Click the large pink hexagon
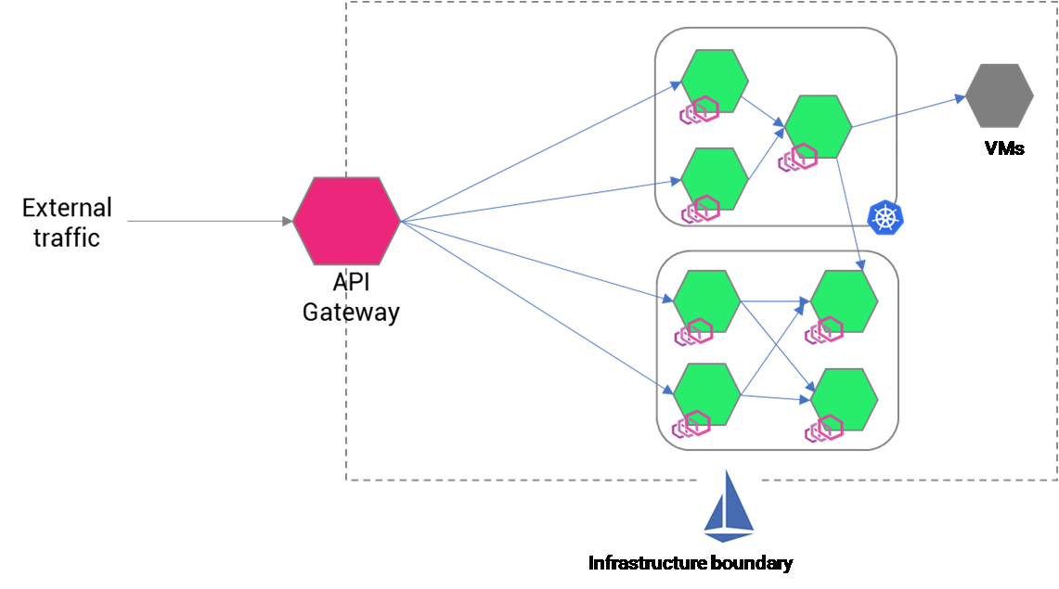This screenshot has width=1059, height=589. point(346,221)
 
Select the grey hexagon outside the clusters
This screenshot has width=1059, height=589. point(1000,96)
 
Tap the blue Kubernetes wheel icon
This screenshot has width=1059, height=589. point(885,217)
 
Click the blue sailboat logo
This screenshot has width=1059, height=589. point(730,506)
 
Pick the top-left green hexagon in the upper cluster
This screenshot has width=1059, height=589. point(715,81)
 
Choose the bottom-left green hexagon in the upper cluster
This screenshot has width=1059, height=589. point(715,177)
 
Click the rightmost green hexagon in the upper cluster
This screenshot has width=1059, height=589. point(818,127)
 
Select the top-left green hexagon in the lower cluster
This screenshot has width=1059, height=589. point(706,301)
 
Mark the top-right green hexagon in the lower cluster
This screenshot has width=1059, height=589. point(844,301)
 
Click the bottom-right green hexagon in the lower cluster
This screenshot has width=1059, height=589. point(844,399)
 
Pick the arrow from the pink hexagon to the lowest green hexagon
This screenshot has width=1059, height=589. point(538,306)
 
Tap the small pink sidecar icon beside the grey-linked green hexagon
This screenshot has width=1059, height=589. point(796,159)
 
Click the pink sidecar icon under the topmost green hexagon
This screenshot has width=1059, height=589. point(698,111)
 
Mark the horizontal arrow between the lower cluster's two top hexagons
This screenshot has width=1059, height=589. point(775,301)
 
